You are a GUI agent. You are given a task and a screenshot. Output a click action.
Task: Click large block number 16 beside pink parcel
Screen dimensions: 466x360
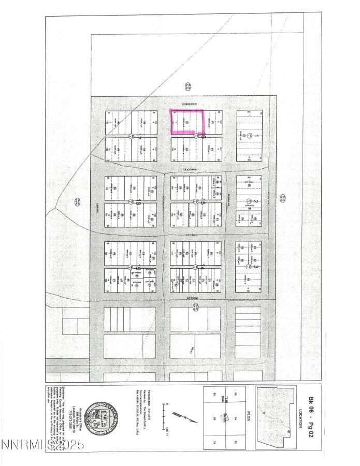click(x=204, y=136)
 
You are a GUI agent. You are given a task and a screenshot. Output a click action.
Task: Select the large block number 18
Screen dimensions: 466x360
click(x=138, y=203)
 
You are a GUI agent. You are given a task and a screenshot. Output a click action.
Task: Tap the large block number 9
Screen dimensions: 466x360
click(x=138, y=268)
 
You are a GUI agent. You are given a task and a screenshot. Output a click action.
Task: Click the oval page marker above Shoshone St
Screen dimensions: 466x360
click(x=189, y=86)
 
